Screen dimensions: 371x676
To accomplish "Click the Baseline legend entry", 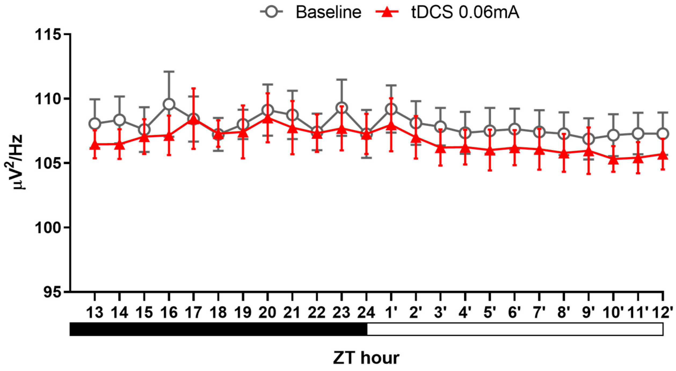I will (311, 12).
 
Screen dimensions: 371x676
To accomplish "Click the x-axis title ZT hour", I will (366, 358).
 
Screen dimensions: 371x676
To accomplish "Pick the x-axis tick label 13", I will (95, 313).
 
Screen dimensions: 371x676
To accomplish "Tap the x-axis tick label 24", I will (366, 313).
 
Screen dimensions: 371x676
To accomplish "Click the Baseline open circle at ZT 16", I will (169, 104).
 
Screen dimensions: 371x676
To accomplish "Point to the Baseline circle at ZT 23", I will (341, 108).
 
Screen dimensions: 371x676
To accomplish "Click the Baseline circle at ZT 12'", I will (663, 133).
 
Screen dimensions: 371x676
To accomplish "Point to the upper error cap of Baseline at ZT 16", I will (169, 72).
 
